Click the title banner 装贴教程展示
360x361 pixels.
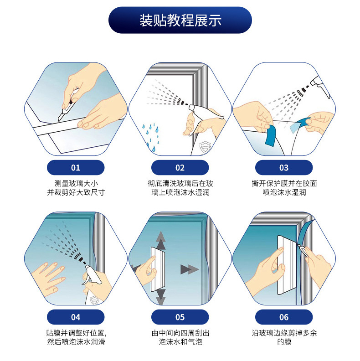point(180,20)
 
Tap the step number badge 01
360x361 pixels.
point(76,167)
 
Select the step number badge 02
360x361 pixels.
point(180,167)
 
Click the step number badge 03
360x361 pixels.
point(284,167)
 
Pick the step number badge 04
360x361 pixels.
point(76,317)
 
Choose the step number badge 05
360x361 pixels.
point(180,317)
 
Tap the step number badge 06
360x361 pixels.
point(284,317)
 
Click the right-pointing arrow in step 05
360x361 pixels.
point(190,269)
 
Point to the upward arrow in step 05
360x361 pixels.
point(161,241)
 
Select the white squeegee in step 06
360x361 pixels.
point(287,265)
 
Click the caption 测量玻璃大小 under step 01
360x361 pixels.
point(76,184)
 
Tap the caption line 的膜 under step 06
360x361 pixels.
point(284,342)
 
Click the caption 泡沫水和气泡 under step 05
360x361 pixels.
point(180,342)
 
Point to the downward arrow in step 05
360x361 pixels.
point(161,298)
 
